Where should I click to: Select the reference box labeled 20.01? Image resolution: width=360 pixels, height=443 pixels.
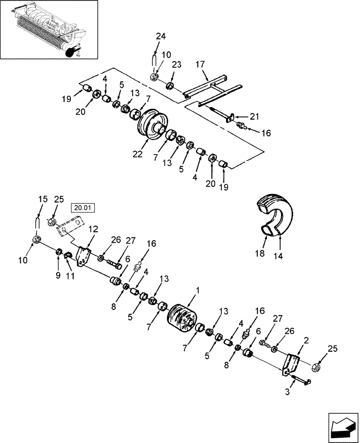point(83,207)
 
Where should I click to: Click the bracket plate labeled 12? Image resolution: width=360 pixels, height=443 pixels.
point(83,256)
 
